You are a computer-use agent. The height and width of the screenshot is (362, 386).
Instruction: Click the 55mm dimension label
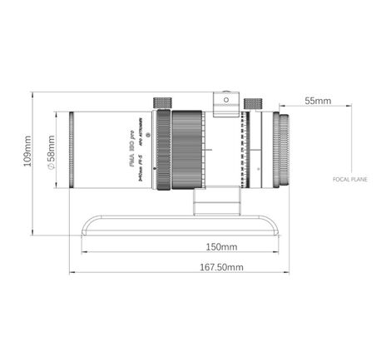click(x=318, y=101)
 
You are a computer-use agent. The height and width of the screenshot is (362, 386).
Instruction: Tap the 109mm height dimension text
click(x=27, y=151)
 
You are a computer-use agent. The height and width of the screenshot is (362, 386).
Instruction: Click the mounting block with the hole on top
click(x=224, y=102)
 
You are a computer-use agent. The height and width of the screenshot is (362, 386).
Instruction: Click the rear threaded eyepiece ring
click(x=283, y=151)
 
